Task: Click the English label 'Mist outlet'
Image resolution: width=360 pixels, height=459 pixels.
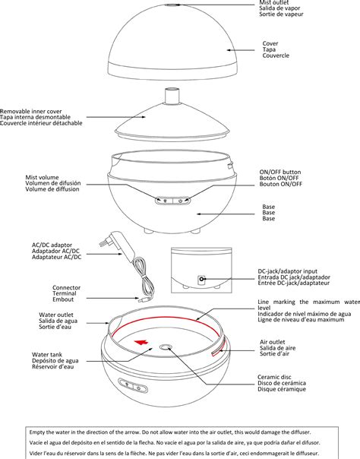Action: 275,3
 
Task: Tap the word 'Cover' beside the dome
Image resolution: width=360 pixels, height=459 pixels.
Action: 270,44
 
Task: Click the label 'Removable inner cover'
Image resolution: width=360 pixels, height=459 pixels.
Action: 42,111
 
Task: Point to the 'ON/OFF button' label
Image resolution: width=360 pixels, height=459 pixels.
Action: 280,172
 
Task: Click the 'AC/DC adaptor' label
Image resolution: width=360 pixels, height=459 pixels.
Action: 52,245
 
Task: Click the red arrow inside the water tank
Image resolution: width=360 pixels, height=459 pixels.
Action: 141,343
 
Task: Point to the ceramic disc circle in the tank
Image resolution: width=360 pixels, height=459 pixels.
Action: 166,348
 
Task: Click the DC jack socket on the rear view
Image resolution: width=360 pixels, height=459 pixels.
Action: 202,279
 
